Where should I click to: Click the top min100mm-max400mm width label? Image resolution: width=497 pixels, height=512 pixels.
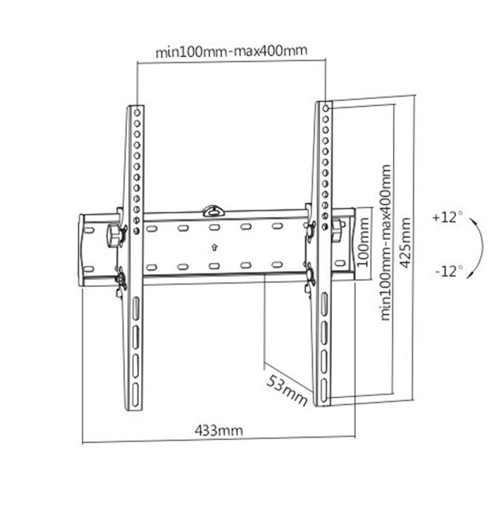pyautogui.click(x=231, y=51)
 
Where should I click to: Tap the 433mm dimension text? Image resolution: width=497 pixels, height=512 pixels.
pyautogui.click(x=218, y=430)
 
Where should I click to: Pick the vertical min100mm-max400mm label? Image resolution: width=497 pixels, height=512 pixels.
pyautogui.click(x=386, y=242)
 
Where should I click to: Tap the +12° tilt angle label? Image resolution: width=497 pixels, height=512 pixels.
pyautogui.click(x=447, y=218)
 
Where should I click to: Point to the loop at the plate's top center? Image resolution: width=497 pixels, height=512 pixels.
pyautogui.click(x=213, y=207)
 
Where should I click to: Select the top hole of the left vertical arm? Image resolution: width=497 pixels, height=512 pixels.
pyautogui.click(x=137, y=112)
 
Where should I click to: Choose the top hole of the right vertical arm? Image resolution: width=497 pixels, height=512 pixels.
pyautogui.click(x=325, y=110)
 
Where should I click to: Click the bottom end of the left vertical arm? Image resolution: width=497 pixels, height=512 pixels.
pyautogui.click(x=134, y=406)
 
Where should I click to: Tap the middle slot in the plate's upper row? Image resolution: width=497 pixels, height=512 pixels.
pyautogui.click(x=214, y=227)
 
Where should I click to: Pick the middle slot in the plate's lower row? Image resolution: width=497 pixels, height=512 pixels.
pyautogui.click(x=213, y=265)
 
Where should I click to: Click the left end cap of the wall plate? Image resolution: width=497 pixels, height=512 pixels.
pyautogui.click(x=87, y=250)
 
